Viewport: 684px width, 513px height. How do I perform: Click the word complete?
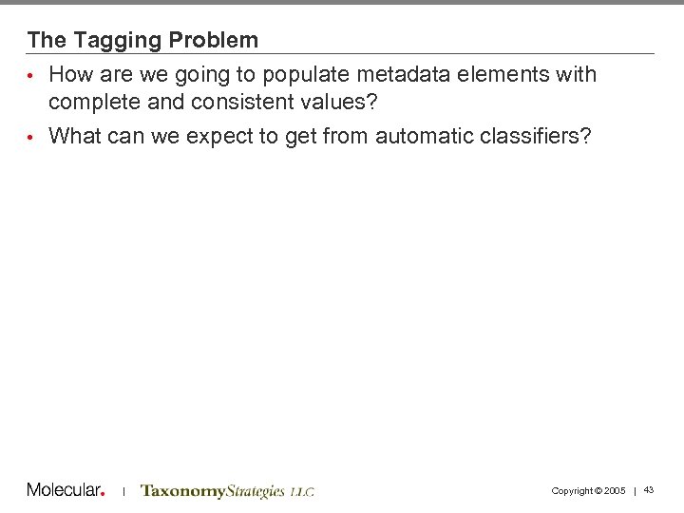(x=92, y=101)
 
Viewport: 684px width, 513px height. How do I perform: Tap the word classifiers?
(x=543, y=137)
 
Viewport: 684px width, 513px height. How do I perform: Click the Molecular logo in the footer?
(x=65, y=490)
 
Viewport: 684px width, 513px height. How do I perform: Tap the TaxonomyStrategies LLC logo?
(x=227, y=491)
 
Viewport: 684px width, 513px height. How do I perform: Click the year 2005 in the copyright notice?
(x=614, y=491)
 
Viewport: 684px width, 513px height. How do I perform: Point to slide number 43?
(x=649, y=490)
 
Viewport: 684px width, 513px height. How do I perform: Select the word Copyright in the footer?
(x=572, y=491)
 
